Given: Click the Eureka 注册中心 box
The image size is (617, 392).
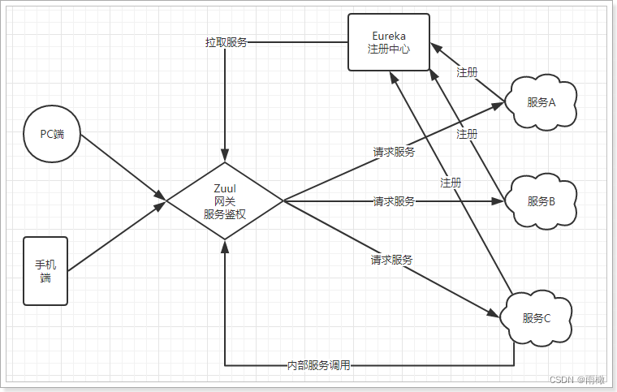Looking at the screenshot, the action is click(389, 41).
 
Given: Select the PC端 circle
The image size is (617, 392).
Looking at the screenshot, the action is click(53, 134).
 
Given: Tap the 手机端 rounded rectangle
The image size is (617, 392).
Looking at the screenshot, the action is click(45, 271).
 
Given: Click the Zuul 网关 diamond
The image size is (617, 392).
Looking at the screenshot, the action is click(225, 200).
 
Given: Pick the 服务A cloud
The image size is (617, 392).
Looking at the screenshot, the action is click(541, 102).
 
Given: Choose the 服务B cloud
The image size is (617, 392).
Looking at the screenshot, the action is click(541, 201).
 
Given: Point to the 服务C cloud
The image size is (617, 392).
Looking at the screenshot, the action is click(537, 318).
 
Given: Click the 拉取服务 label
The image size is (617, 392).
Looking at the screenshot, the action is click(226, 42).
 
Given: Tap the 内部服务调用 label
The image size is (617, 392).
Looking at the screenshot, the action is click(319, 365).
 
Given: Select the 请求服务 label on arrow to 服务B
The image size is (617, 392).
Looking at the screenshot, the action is click(394, 200).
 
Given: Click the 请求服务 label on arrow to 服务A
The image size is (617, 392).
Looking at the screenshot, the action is click(394, 151).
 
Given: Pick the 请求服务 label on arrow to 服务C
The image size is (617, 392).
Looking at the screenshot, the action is click(391, 260).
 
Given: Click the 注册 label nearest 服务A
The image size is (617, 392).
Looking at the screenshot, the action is click(467, 72).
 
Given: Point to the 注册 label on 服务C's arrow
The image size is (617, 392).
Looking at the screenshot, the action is click(451, 183).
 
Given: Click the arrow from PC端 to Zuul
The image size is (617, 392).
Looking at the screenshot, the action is click(122, 166).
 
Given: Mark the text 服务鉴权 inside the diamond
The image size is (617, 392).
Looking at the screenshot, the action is click(225, 214).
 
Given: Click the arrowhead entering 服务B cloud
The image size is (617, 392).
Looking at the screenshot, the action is click(498, 200).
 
